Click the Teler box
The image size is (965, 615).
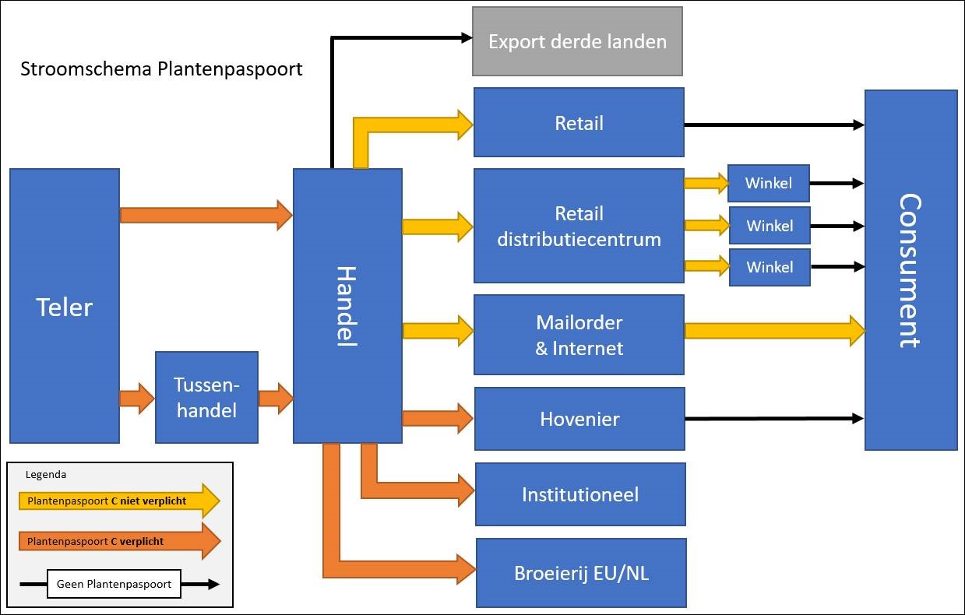(x=64, y=306)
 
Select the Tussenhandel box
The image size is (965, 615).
(x=206, y=397)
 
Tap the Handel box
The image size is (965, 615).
(x=347, y=306)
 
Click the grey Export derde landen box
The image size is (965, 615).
(x=577, y=41)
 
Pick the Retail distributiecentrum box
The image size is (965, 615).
(x=579, y=226)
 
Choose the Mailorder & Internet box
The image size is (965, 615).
(x=579, y=335)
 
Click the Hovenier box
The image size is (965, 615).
(x=579, y=419)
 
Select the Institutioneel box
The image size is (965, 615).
(x=580, y=494)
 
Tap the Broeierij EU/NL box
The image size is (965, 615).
(x=581, y=573)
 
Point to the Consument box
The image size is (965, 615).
(x=910, y=270)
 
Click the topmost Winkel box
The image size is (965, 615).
(x=769, y=184)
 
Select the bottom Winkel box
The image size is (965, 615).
(x=770, y=267)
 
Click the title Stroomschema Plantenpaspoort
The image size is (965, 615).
(x=161, y=69)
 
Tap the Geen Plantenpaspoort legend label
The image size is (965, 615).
(x=114, y=584)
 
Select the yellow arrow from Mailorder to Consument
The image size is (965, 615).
(x=774, y=330)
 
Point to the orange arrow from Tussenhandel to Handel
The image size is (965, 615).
(x=275, y=399)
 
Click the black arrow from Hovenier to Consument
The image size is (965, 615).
(x=774, y=419)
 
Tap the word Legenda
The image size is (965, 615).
(x=46, y=474)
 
